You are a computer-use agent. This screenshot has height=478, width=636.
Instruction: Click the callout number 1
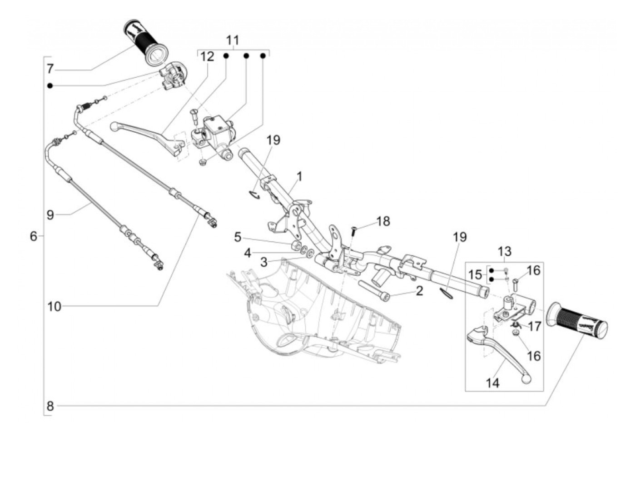(299, 176)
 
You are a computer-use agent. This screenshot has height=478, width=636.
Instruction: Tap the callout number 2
(419, 291)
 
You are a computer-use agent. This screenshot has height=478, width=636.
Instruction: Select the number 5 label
(237, 237)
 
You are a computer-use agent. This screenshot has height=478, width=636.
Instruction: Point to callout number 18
(383, 221)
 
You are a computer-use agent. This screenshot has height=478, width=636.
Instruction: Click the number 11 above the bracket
(233, 40)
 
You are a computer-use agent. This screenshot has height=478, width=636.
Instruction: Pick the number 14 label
(492, 383)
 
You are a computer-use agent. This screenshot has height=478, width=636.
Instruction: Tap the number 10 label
(55, 306)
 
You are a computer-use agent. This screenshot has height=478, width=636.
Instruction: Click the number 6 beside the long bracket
(34, 236)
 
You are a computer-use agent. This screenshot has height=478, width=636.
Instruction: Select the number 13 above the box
(504, 251)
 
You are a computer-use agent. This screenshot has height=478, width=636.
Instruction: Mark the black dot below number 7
(50, 86)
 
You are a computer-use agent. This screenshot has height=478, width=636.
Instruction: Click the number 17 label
(534, 327)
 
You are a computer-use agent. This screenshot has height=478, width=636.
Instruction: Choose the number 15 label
(475, 274)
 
